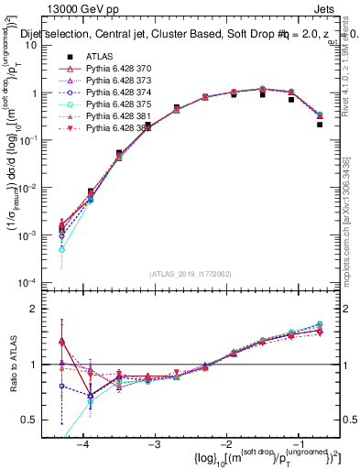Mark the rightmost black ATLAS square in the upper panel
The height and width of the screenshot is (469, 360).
[x=319, y=125]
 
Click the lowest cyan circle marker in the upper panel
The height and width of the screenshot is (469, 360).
[x=61, y=249]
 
